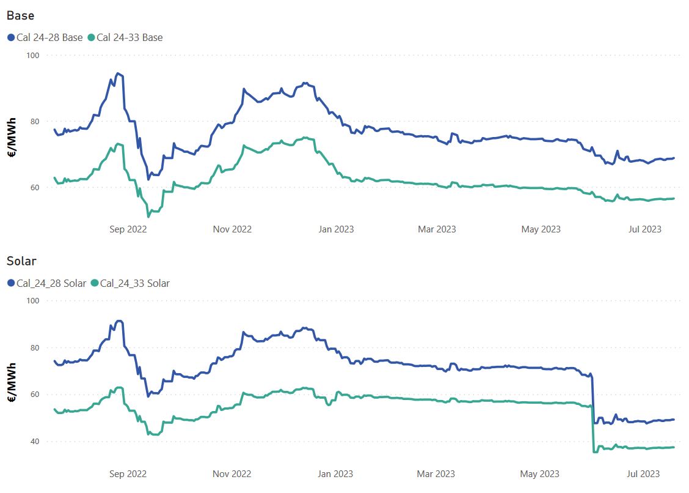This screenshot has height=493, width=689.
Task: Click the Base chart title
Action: [x=20, y=15]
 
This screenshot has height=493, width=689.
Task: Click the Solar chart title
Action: [x=21, y=261]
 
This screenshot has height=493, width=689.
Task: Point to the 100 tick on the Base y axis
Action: [x=32, y=55]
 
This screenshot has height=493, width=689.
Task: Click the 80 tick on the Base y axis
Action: [x=34, y=121]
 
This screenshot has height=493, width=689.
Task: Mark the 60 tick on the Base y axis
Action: [x=34, y=187]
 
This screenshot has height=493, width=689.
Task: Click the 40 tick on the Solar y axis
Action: [x=34, y=442]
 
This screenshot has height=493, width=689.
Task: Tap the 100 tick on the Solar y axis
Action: [x=32, y=301]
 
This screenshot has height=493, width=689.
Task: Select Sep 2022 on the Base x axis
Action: [x=128, y=229]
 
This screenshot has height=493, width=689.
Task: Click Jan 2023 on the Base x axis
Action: [x=336, y=229]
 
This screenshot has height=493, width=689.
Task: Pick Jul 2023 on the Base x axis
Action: [x=644, y=229]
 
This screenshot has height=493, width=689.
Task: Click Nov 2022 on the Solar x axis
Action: [x=231, y=474]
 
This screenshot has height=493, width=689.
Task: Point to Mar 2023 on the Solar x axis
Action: [x=436, y=474]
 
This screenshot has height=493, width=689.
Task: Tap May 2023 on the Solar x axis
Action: [x=541, y=474]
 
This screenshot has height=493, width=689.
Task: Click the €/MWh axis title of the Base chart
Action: [x=12, y=138]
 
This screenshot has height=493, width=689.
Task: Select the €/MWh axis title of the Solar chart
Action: [x=12, y=382]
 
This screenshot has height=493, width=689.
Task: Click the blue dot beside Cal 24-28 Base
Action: [x=11, y=37]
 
